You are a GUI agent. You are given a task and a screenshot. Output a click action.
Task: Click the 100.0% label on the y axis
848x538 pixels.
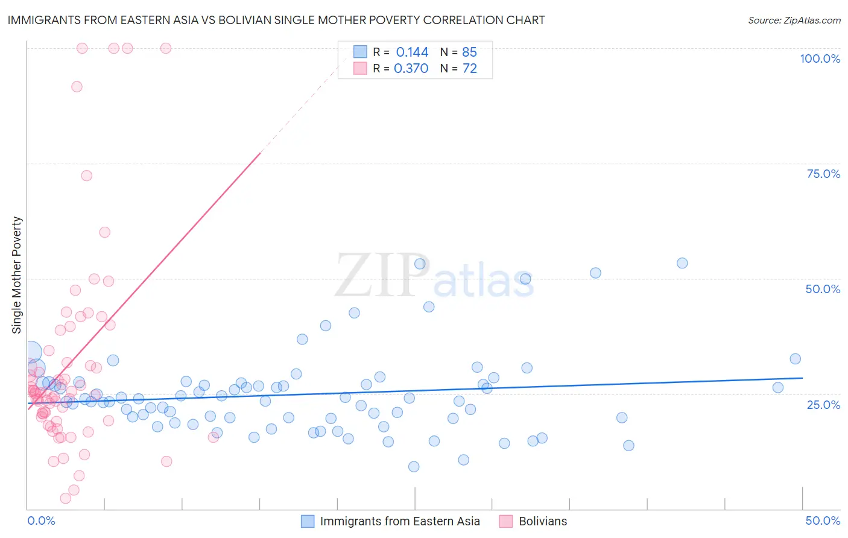(820, 59)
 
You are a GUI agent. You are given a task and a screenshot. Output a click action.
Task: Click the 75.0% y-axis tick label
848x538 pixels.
(823, 174)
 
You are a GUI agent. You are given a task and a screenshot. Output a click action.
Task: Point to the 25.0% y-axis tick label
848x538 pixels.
(823, 405)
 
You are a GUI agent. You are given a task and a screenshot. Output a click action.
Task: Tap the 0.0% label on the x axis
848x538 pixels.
(41, 521)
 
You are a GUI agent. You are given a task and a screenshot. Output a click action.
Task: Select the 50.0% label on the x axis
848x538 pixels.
(823, 521)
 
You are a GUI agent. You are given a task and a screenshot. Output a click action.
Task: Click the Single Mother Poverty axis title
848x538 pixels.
(17, 275)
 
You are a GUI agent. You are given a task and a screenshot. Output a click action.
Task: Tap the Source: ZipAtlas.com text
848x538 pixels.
(794, 20)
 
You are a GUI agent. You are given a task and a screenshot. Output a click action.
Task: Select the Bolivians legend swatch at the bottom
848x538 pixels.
(505, 521)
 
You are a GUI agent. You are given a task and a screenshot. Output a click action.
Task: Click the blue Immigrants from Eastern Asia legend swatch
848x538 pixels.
(308, 521)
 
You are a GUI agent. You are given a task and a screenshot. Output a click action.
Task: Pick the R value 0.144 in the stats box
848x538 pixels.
(412, 52)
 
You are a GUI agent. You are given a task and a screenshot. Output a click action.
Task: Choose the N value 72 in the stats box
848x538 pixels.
(470, 69)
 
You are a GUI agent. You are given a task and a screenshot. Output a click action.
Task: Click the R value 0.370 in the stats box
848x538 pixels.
(411, 69)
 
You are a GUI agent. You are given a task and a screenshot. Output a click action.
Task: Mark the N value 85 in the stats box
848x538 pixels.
(469, 52)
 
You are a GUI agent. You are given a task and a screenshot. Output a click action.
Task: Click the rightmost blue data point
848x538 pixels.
(795, 359)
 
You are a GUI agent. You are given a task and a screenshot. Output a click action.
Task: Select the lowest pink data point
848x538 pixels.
(66, 498)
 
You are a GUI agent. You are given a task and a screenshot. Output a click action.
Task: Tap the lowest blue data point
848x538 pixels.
(414, 466)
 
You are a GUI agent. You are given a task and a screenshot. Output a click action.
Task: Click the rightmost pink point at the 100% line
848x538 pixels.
(166, 48)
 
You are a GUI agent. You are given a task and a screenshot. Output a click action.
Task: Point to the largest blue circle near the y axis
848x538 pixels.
(32, 352)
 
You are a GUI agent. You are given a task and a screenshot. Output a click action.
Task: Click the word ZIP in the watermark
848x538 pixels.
(382, 276)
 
